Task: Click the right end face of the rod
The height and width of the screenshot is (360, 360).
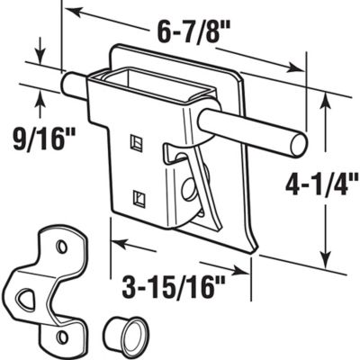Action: click(x=299, y=142)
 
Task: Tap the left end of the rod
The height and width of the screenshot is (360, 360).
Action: click(x=66, y=85)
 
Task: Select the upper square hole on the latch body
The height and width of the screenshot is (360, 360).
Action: click(x=136, y=141)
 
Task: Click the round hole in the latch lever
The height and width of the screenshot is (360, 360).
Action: click(x=191, y=190)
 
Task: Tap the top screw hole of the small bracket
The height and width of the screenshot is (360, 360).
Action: click(x=60, y=246)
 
